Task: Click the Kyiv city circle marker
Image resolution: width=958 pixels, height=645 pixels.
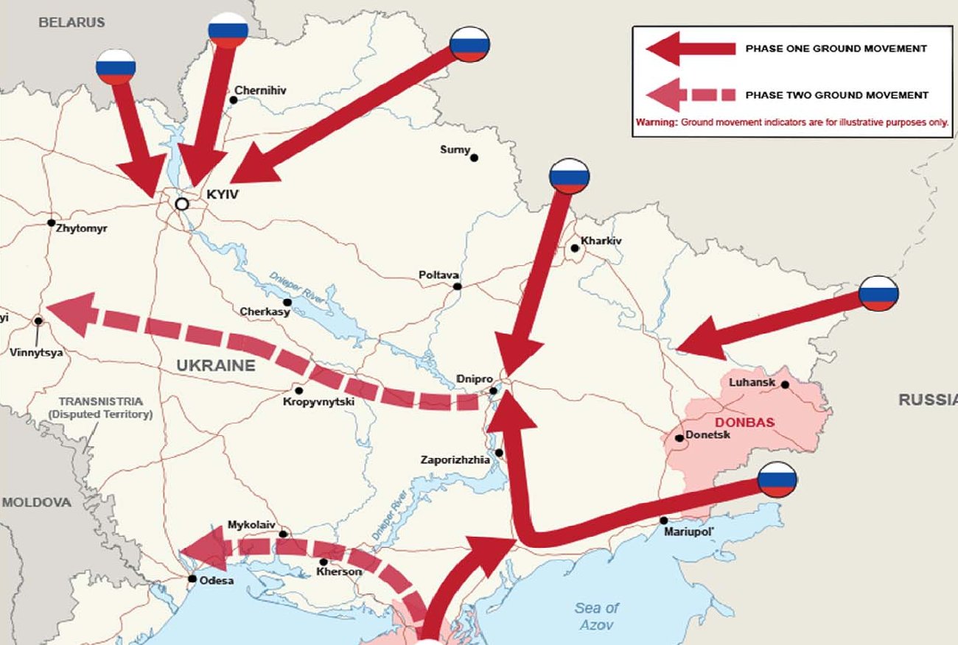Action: (x=181, y=204)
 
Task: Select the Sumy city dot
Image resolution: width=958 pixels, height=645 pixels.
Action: (x=474, y=158)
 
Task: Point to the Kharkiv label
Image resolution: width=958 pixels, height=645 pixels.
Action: (x=601, y=240)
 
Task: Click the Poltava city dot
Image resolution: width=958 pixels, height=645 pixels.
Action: (x=458, y=286)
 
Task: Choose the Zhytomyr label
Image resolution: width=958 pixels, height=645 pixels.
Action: (x=81, y=228)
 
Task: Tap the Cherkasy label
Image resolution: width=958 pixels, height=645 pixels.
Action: (x=265, y=312)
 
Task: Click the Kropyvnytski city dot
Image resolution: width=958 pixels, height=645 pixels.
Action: (x=298, y=390)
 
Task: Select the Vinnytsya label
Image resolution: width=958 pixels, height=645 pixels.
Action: (x=36, y=353)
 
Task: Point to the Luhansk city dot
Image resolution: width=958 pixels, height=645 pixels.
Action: (x=785, y=384)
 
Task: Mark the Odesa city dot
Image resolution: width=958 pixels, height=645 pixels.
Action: (x=192, y=579)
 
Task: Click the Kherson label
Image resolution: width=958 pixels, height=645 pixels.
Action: (x=339, y=572)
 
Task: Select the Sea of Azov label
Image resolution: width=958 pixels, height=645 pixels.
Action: (x=597, y=616)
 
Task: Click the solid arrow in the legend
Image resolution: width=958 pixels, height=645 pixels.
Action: (x=690, y=49)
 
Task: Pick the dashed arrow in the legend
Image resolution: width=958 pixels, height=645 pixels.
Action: (x=690, y=94)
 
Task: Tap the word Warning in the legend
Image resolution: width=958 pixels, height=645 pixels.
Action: (x=656, y=122)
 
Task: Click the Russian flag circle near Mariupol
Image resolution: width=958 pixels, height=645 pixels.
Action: (x=777, y=481)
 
